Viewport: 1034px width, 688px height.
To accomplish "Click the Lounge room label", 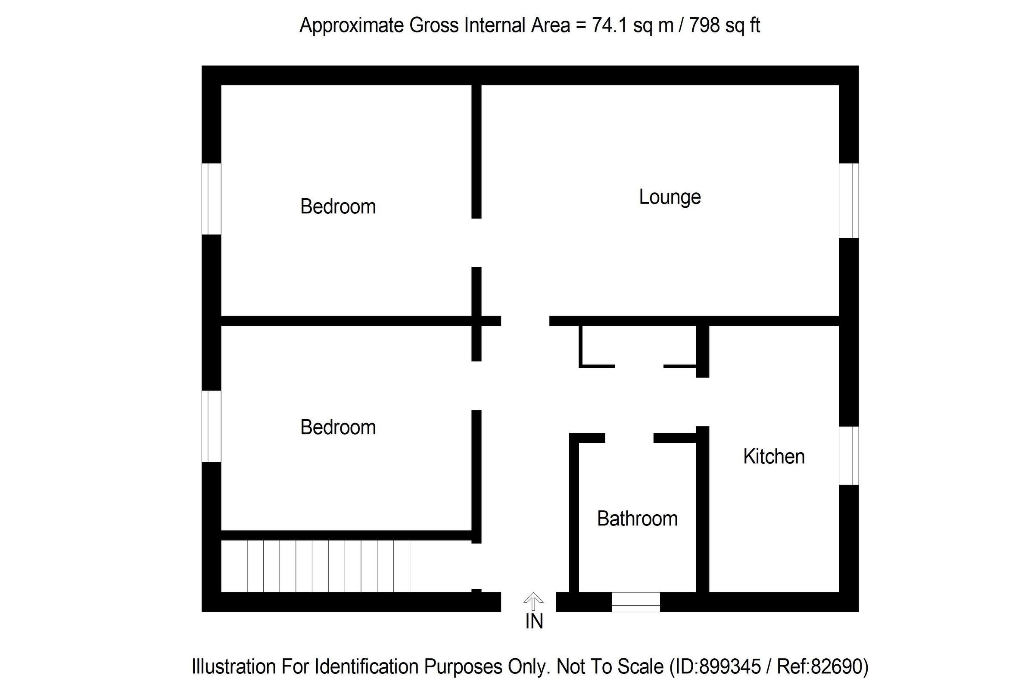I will pyautogui.click(x=669, y=197).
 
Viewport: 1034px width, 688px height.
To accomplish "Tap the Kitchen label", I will pyautogui.click(x=773, y=457).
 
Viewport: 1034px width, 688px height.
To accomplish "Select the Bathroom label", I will pyautogui.click(x=637, y=519).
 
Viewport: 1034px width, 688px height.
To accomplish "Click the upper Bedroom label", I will pyautogui.click(x=338, y=206).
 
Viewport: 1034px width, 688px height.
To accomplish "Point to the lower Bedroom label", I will pyautogui.click(x=338, y=427).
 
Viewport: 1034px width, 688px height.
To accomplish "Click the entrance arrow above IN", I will pyautogui.click(x=533, y=600).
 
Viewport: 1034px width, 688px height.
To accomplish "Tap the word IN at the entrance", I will pyautogui.click(x=534, y=621).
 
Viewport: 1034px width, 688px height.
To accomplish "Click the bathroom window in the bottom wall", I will pyautogui.click(x=635, y=602).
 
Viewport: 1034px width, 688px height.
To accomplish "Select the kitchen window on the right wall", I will pyautogui.click(x=848, y=456).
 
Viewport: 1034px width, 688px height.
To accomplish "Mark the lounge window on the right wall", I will pyautogui.click(x=848, y=200).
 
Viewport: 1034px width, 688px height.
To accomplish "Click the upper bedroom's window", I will pyautogui.click(x=212, y=199).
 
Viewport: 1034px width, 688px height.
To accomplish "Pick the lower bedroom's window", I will pyautogui.click(x=212, y=426).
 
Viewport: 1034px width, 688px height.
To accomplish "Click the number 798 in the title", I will pyautogui.click(x=704, y=25).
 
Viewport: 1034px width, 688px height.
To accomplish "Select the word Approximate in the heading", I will pyautogui.click(x=352, y=25).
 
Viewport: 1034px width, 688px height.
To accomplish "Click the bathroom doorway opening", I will pyautogui.click(x=629, y=438).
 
